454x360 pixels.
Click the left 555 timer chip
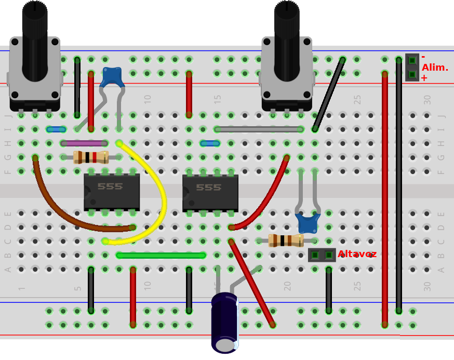coord(112,192)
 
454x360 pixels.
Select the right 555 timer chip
coord(210,193)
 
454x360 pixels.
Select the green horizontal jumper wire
coord(161,255)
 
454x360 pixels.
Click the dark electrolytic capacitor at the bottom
coord(225,322)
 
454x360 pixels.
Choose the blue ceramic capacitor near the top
coord(112,77)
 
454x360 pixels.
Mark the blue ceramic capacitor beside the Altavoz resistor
coord(308,223)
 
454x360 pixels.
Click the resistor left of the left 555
coord(91,157)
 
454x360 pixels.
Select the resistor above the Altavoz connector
coord(286,241)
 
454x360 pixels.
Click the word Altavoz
coord(357,254)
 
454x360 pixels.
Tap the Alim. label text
coord(434,68)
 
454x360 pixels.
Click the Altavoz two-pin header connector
coord(322,255)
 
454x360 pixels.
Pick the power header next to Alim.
coord(412,67)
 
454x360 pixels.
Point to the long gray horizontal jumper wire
coord(259,129)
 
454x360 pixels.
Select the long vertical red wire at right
coord(385,197)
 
